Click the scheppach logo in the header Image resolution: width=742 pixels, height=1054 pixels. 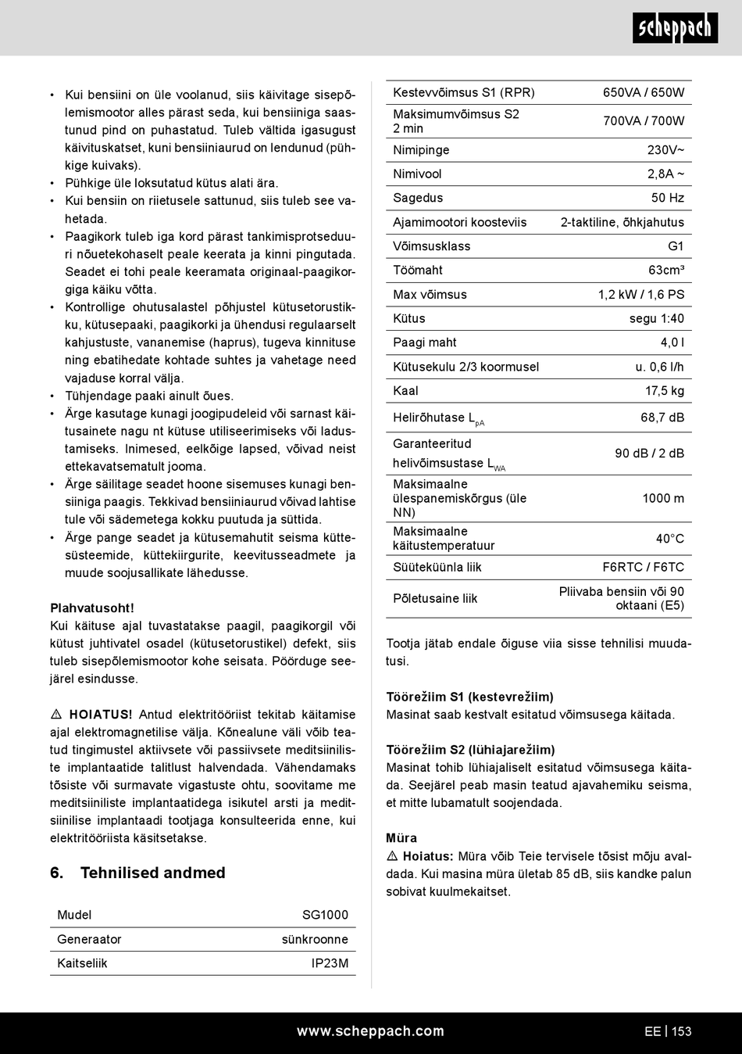(675, 29)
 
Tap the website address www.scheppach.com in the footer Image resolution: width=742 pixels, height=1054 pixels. (370, 1031)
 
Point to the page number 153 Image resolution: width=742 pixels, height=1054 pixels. (681, 1031)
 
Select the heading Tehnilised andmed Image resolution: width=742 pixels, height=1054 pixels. (152, 873)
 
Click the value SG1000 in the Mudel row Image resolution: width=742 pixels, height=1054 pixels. (325, 915)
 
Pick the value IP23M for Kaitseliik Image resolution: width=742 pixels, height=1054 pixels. (330, 963)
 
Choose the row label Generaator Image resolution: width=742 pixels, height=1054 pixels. (89, 939)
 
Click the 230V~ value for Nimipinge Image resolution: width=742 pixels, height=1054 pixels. (665, 150)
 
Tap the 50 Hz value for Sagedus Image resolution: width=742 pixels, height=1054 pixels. (668, 198)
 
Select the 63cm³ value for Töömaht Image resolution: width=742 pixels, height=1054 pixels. (666, 270)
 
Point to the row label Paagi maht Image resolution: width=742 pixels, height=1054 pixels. (425, 342)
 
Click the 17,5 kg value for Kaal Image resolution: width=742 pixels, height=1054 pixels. (664, 391)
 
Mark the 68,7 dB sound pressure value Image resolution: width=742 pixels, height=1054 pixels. (662, 418)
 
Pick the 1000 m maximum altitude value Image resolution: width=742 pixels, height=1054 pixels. (663, 498)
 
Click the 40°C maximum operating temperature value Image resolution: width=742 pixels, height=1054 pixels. (669, 539)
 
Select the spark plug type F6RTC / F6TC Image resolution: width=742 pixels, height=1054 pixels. (643, 567)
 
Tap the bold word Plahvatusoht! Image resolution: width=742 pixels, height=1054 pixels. (92, 608)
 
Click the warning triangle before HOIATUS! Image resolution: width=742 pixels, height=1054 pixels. (56, 715)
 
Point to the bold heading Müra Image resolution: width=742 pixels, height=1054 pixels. (401, 837)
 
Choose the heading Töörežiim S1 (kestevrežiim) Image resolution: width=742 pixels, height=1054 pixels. (469, 697)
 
